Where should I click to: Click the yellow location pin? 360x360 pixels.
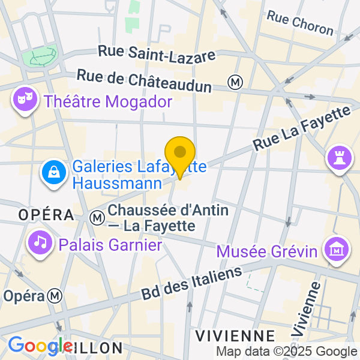pos(180,155)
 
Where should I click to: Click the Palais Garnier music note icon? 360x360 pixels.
pos(40,242)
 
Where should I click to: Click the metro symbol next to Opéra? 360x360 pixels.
pos(56,295)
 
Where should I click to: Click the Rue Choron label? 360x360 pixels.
pos(300,22)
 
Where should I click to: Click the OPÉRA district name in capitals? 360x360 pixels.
pos(46,214)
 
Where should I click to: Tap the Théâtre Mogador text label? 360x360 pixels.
pos(108,101)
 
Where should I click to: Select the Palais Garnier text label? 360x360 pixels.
pos(110,245)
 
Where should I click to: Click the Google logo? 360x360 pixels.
pos(41,346)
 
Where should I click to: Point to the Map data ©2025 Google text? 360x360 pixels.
pos(286,352)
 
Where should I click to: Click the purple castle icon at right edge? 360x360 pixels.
pos(337,158)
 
